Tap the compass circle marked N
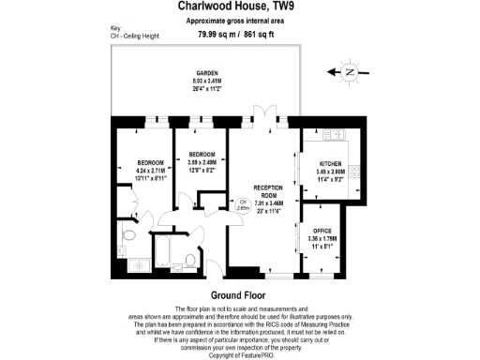pos(350,70)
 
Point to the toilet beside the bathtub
pos(190,259)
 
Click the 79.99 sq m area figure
pos(217,34)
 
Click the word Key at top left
pos(115,29)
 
